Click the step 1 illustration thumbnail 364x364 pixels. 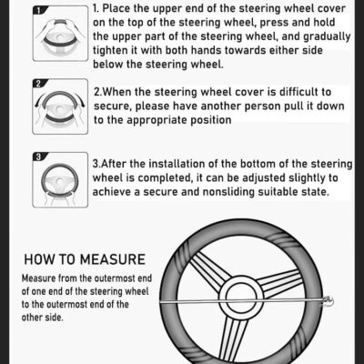point(60,33)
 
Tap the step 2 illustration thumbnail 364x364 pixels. point(60,106)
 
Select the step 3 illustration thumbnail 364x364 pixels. point(60,180)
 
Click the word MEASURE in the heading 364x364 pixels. point(113,259)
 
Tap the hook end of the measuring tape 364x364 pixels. point(329,301)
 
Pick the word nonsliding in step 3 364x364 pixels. point(228,192)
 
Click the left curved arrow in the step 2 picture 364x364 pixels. point(40,99)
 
